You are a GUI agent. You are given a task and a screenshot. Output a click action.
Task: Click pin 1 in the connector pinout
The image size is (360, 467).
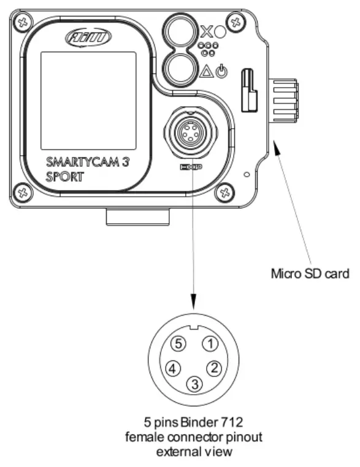pyautogui.click(x=210, y=344)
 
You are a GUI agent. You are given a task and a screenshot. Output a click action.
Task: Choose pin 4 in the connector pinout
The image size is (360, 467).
pyautogui.click(x=174, y=368)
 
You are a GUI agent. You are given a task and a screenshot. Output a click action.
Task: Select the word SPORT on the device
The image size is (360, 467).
pyautogui.click(x=64, y=178)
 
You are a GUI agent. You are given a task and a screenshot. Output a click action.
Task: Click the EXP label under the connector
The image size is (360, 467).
pyautogui.click(x=193, y=167)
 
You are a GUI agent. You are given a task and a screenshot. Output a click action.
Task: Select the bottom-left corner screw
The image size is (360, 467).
pyautogui.click(x=23, y=193)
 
